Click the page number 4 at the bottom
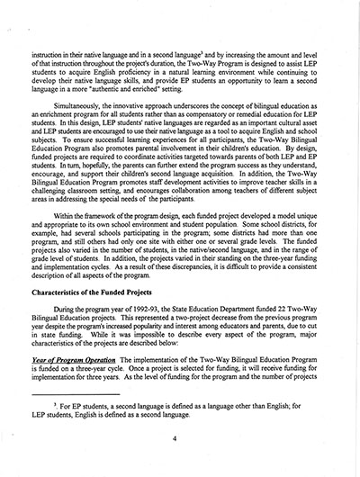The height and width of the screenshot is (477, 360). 180,443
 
